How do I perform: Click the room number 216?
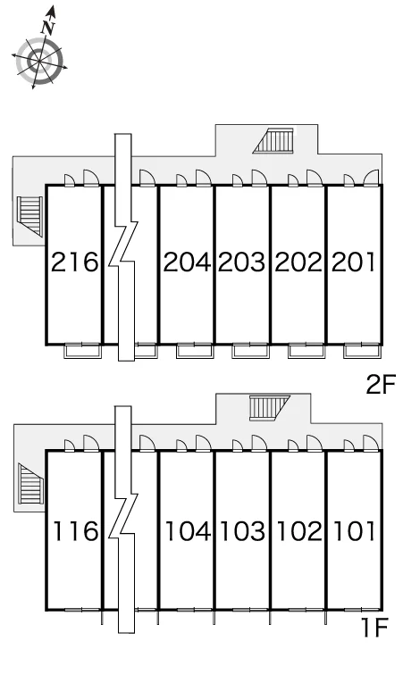coord(74,262)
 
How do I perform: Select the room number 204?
coord(187,262)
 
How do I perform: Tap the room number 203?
coord(242,262)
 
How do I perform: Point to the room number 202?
coord(298,262)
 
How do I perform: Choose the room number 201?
coord(353,262)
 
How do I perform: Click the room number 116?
coord(75,531)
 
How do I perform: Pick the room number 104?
coord(188,531)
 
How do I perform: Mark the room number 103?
coord(243,531)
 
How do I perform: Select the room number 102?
coord(299,531)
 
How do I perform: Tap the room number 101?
coord(355,531)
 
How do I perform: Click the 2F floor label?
coord(381,384)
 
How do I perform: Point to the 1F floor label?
coord(374,628)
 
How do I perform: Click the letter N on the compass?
coord(48,28)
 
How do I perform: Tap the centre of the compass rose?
coord(39,62)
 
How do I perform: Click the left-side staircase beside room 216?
coord(29,216)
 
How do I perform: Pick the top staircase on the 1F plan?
coord(269,408)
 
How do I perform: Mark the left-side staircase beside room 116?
coord(31,483)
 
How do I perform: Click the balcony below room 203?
coord(250,351)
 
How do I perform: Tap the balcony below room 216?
coord(82,351)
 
